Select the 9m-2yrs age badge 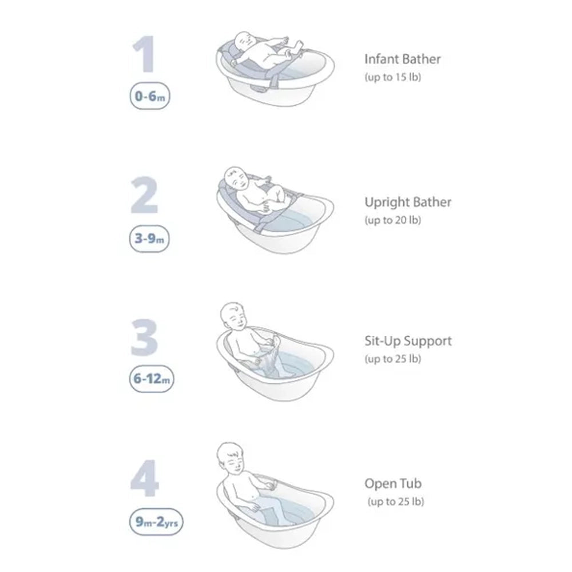coord(156,521)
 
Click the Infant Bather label coord(403,58)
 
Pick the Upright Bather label coord(408,202)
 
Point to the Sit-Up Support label coord(408,341)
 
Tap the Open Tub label coord(393,484)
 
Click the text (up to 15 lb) coord(392,77)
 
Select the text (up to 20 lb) coord(392,220)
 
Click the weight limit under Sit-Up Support coord(392,359)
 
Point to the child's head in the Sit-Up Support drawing coord(235,315)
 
